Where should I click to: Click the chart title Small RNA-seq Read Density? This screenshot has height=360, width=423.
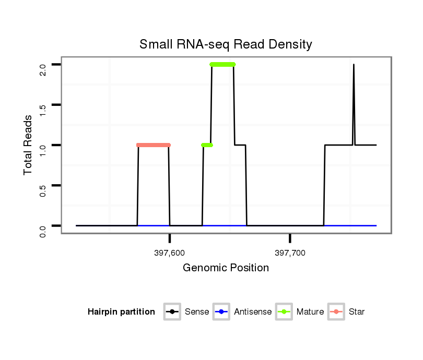(226, 44)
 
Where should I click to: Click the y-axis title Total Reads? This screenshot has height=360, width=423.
(29, 145)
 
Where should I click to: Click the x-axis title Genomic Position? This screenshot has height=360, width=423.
(226, 268)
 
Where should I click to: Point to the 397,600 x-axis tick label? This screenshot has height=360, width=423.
(170, 253)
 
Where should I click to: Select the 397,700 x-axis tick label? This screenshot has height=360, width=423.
(290, 253)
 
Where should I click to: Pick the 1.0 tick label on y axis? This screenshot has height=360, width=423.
(43, 150)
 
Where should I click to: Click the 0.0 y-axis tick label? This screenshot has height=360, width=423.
(43, 230)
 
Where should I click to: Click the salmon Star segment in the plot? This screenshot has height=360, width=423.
(154, 145)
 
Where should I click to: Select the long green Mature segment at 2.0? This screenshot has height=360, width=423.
(222, 65)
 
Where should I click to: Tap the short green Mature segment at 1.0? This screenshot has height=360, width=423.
(207, 145)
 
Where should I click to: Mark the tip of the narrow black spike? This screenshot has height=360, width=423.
(354, 65)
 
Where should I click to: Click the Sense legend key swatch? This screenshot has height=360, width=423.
(172, 312)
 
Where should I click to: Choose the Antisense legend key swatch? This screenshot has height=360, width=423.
(221, 312)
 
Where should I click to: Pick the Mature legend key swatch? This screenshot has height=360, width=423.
(284, 312)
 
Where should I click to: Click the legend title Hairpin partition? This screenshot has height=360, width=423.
(121, 312)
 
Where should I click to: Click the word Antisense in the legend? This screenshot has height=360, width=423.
(253, 312)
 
